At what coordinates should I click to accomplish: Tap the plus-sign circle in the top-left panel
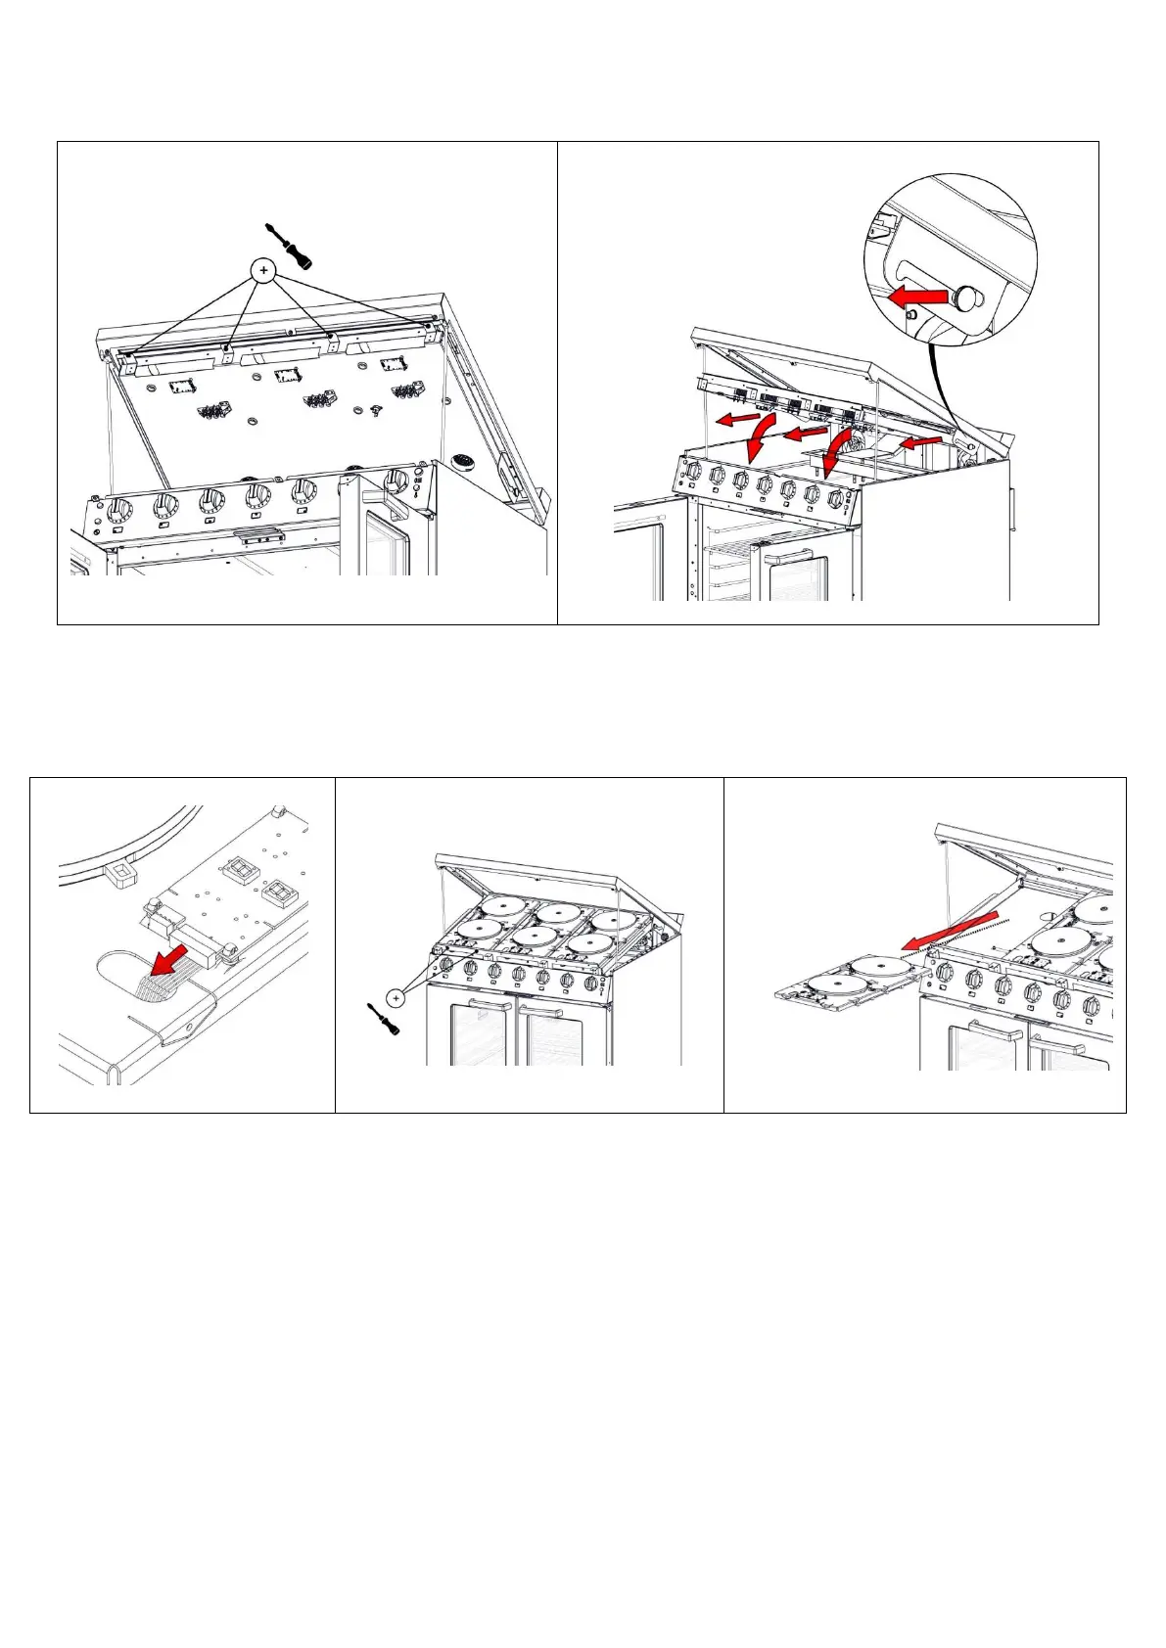pos(262,270)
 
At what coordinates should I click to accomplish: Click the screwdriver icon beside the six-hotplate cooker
pos(378,1022)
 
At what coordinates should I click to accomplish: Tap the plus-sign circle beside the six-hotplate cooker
pos(396,998)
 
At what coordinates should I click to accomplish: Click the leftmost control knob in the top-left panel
pos(119,510)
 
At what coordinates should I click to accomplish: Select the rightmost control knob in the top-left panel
pos(396,480)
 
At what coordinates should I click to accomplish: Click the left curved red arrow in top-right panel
pos(759,441)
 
